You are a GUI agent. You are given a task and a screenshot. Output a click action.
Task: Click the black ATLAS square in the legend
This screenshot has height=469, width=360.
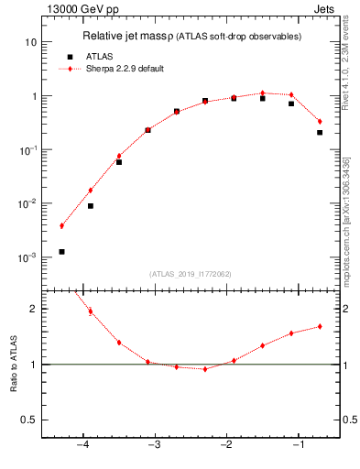70,56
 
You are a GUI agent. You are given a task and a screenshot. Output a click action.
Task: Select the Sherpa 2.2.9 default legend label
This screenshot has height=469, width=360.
118,68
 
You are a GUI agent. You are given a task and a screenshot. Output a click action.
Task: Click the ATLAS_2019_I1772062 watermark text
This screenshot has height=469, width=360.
191,273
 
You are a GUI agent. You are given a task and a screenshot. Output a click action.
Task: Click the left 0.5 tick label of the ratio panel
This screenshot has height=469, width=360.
29,420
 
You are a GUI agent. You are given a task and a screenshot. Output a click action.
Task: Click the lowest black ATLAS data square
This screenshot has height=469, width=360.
61,251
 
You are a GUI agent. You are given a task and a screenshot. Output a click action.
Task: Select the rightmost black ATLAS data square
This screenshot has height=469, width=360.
320,132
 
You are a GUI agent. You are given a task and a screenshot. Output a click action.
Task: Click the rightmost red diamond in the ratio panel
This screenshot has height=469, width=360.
320,326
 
